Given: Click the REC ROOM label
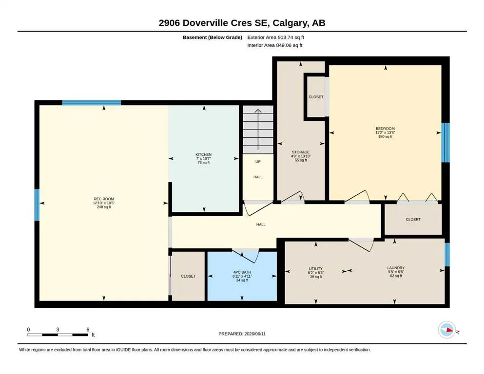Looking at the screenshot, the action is click(104, 199).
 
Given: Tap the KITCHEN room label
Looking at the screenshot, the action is click(203, 154).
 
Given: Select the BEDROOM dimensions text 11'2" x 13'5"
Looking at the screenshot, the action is click(385, 132).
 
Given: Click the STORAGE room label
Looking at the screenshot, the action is click(301, 152).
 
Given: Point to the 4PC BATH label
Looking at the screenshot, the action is click(242, 272).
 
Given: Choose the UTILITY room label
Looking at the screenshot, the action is click(315, 268).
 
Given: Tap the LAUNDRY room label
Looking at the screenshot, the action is click(396, 268).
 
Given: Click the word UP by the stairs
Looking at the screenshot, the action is click(258, 162).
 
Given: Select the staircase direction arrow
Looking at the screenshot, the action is click(258, 130).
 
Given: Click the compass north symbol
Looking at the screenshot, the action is click(447, 330).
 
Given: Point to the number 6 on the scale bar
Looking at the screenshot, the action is click(88, 330).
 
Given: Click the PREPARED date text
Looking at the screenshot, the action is click(242, 334).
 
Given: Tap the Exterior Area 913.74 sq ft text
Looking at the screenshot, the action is click(276, 37).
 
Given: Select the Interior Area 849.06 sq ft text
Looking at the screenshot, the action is click(275, 45).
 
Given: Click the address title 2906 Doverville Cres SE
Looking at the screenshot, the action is click(214, 23).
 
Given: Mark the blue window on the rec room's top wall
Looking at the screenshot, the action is click(91, 103).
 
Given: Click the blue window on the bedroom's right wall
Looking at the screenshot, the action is click(445, 143).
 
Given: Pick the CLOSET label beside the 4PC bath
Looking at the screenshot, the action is click(188, 276).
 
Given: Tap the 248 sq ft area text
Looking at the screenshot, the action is click(104, 207).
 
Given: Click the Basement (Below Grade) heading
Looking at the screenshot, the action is click(213, 37).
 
